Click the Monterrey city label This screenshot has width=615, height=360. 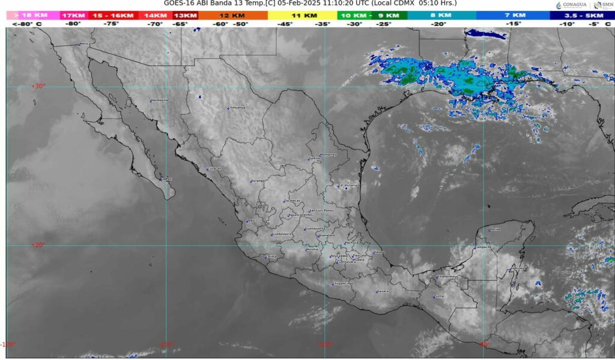329,155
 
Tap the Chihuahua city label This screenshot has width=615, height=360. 237,108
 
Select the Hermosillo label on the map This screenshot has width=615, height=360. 159,100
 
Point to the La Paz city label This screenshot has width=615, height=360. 168,179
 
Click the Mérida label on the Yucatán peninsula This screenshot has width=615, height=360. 495,230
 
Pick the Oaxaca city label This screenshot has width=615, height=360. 383,291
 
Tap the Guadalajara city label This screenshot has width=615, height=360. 282,234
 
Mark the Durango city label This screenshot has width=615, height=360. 258,181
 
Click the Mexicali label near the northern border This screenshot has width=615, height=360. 86,44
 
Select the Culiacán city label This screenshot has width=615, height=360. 215,169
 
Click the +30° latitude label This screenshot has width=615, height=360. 38,87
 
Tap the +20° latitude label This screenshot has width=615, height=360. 38,245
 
